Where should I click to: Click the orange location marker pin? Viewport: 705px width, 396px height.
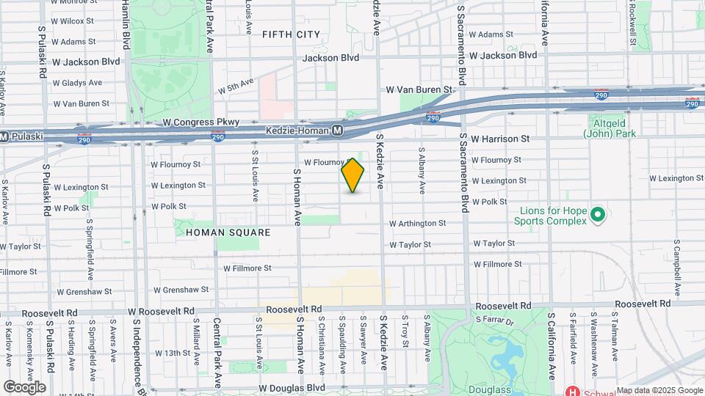(x=353, y=175)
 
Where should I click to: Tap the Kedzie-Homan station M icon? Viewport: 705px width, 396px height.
(x=337, y=130)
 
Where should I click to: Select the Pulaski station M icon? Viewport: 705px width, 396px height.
(x=4, y=136)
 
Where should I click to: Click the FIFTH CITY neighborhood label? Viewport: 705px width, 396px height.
(x=291, y=34)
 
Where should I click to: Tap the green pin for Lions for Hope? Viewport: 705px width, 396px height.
(x=597, y=215)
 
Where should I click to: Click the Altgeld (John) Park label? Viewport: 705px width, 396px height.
(x=610, y=128)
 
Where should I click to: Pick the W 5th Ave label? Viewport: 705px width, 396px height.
(x=235, y=87)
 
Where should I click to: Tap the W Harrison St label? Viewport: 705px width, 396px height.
(x=500, y=138)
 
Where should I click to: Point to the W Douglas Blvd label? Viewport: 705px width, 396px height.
(x=292, y=388)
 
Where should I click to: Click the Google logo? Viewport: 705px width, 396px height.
(x=24, y=387)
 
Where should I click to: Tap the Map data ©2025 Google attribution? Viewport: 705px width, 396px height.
(x=659, y=391)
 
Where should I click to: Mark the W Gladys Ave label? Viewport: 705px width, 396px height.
(x=76, y=83)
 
